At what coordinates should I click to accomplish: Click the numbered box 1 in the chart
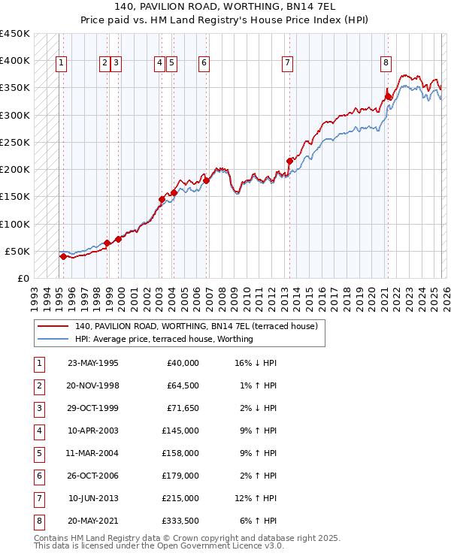tap(61, 63)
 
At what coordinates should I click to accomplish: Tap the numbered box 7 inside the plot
tap(287, 63)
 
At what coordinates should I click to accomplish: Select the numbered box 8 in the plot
tap(386, 63)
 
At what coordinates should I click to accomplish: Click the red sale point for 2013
tap(290, 160)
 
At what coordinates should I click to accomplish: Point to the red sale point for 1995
tap(63, 256)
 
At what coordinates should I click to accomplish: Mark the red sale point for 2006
tap(207, 180)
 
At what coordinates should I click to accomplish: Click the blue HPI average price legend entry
tap(164, 339)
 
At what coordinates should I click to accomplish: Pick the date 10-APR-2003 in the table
tap(93, 431)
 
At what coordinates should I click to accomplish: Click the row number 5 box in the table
tap(38, 453)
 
